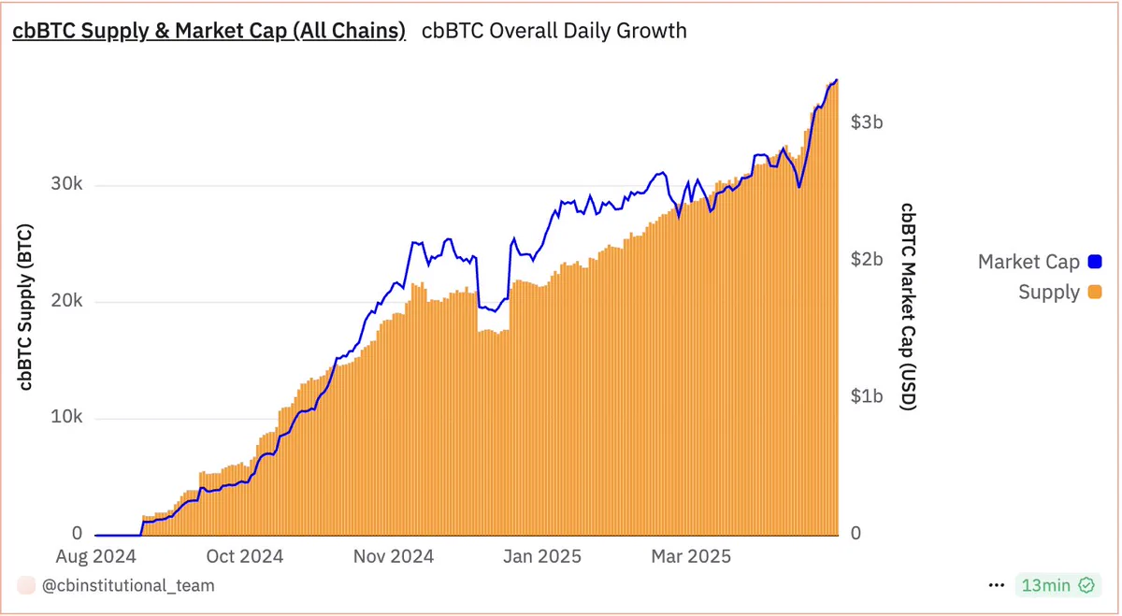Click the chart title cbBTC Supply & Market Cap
point(209,31)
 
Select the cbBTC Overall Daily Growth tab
point(554,31)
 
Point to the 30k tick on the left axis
point(66,184)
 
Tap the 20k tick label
point(66,300)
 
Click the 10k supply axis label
point(66,417)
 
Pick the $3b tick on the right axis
point(867,122)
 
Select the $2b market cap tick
point(867,260)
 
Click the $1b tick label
point(867,396)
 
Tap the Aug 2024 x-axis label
point(95,556)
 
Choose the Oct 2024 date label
point(245,556)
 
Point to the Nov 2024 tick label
point(394,556)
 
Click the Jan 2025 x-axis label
point(542,556)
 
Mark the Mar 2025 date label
point(691,556)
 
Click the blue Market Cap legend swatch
point(1095,262)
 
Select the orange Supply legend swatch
point(1095,292)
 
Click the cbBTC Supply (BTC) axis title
point(25,307)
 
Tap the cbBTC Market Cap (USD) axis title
point(908,307)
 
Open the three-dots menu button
point(997,585)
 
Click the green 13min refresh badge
point(1057,585)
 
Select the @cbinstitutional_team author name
point(128,585)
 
